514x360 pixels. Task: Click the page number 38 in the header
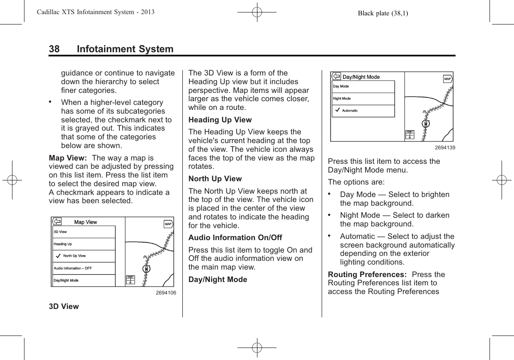point(54,49)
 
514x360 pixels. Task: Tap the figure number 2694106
point(166,293)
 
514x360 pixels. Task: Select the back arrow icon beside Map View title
point(57,221)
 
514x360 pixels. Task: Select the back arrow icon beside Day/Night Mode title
point(336,77)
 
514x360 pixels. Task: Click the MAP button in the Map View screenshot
point(168,224)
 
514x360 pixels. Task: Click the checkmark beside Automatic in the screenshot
point(337,110)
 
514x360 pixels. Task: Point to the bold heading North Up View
point(215,179)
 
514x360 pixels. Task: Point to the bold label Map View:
point(68,158)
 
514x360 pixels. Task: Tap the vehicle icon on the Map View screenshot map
point(147,269)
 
